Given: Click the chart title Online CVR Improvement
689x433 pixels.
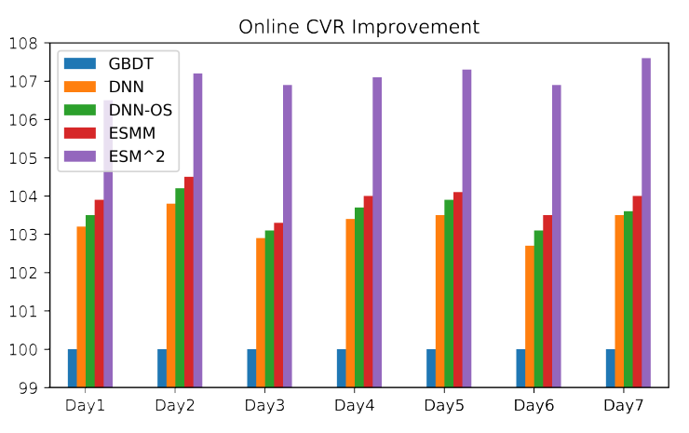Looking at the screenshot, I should [x=358, y=26].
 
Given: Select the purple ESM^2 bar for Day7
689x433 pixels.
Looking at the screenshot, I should [x=646, y=223].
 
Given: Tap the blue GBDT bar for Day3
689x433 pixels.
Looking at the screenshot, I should [x=251, y=368].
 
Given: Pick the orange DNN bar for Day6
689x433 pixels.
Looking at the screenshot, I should [x=530, y=317].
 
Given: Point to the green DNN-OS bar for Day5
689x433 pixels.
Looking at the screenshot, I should [x=449, y=293].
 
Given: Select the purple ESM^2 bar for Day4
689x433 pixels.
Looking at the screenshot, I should [x=377, y=232].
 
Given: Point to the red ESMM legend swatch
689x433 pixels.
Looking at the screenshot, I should [x=80, y=134].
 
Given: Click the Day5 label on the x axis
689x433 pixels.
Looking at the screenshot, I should [x=444, y=407].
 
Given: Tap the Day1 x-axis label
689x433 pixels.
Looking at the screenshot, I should [x=85, y=407].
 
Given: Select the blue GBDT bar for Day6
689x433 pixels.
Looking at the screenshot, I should [x=520, y=368].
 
